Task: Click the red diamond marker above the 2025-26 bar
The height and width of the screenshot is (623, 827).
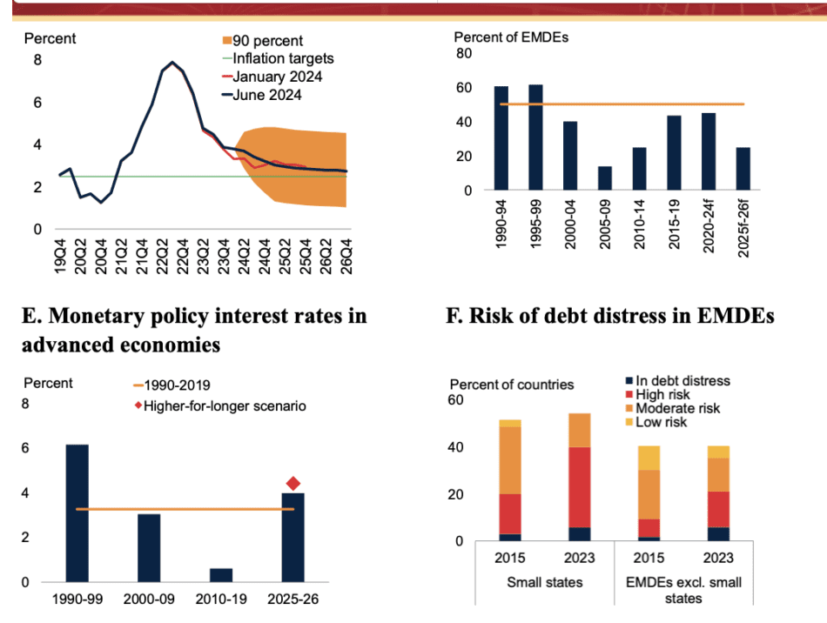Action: coord(293,484)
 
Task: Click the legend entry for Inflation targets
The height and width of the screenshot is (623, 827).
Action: coord(284,59)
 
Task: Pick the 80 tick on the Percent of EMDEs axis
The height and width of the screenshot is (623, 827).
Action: coord(464,54)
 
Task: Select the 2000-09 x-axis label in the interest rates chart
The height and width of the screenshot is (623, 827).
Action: coord(149,600)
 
